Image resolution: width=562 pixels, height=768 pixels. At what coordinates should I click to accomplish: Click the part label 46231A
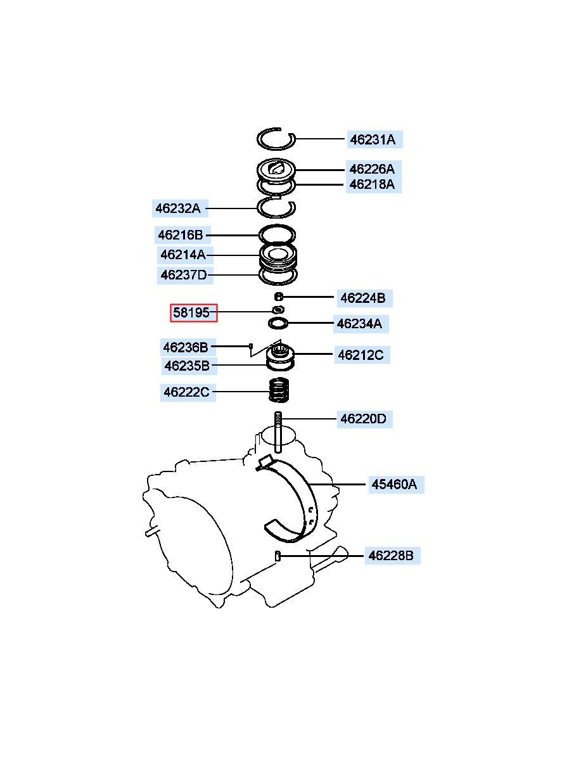point(373,140)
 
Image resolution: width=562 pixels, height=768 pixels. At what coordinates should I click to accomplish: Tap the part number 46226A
point(373,169)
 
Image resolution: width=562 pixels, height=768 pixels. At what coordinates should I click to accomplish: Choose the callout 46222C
point(187,392)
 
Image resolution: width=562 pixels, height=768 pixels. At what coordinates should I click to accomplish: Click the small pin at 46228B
point(278,556)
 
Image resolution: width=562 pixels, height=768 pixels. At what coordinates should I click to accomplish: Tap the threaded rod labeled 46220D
point(278,433)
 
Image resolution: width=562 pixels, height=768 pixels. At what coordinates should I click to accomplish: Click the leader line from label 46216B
point(232,235)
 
